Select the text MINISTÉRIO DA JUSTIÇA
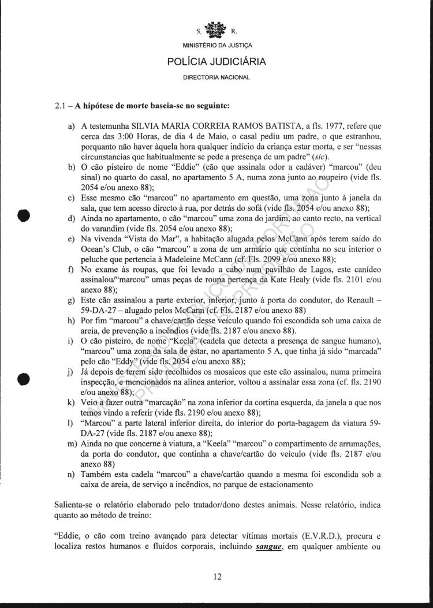[x=216, y=45]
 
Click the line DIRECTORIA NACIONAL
[x=216, y=76]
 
